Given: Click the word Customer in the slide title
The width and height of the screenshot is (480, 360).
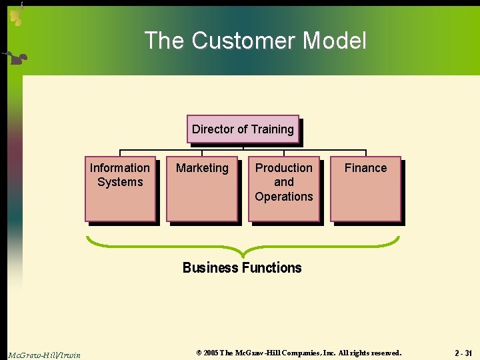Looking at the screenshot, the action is coord(244,41).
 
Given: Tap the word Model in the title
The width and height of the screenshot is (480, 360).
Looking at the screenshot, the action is coord(334,41).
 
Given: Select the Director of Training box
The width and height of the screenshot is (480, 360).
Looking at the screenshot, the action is coord(243,129).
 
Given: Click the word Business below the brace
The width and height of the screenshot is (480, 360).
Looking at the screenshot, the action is coord(210,268).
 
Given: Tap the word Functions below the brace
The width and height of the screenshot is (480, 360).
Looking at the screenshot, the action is coord(271,268).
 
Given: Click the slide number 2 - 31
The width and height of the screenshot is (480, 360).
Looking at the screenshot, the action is coord(463,353).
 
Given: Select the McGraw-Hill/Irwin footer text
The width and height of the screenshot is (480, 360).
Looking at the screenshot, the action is coord(44,355).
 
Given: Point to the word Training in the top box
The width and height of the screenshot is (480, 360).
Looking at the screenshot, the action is coord(272,129).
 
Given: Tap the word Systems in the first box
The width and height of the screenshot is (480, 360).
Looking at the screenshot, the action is coord(120,182).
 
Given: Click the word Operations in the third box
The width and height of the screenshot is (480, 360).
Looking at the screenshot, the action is coord(284,197).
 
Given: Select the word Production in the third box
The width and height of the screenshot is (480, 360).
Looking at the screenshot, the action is coord(284,168).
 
